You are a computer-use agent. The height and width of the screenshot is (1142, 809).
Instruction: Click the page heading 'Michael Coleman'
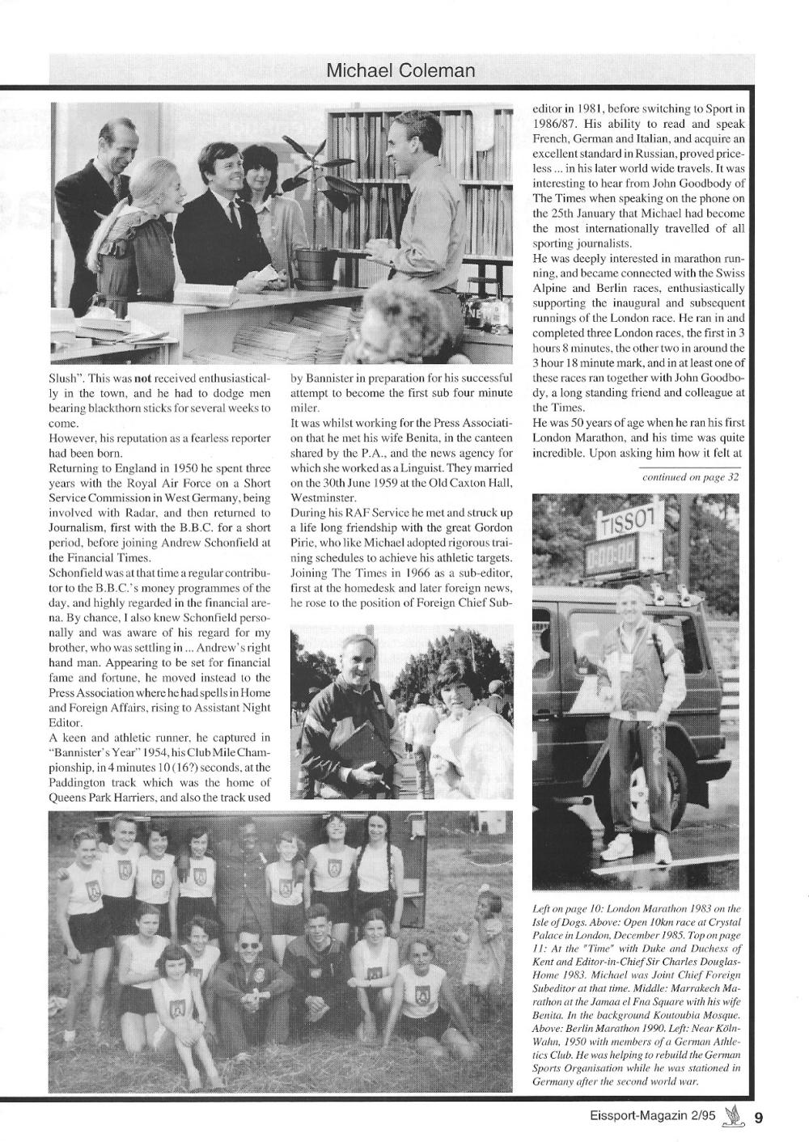point(400,71)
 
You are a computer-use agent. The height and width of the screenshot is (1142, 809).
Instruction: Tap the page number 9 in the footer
point(759,1119)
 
